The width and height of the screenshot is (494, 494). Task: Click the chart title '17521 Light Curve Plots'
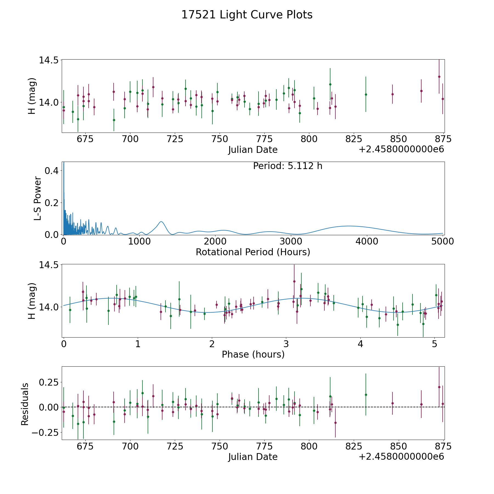coord(247,15)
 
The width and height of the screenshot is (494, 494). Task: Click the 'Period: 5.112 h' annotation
coord(287,166)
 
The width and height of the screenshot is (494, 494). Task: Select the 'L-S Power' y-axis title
coord(38,198)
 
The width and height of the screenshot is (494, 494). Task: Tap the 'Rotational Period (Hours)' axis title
coord(253,252)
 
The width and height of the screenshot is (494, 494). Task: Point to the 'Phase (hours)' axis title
coord(253,354)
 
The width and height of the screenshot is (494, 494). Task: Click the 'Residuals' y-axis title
coord(25,404)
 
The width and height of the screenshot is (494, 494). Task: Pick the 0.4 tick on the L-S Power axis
coord(52,171)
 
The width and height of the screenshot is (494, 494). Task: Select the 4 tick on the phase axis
coord(360,344)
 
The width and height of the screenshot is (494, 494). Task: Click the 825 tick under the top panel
coord(353,139)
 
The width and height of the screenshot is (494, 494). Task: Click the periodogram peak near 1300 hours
coord(161,221)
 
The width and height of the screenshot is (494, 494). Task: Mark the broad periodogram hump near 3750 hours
coord(349,226)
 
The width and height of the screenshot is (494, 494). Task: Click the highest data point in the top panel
coord(439,77)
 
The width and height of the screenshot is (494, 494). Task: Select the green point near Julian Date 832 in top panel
coord(366,94)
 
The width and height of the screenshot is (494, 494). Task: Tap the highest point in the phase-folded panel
coord(294,281)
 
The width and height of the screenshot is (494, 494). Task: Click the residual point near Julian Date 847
coord(392,403)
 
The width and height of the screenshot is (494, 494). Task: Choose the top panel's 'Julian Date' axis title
coord(253,150)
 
